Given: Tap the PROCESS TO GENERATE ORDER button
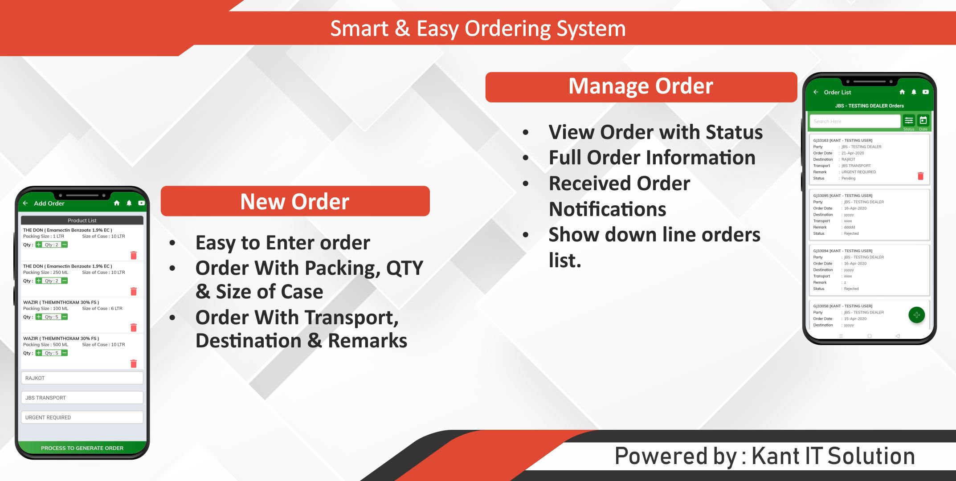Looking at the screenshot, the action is [x=82, y=448].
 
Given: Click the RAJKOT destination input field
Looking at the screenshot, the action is [x=82, y=378].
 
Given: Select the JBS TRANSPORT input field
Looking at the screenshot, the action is [x=82, y=397].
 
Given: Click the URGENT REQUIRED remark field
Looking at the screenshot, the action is [x=82, y=417].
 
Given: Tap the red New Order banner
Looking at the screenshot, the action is [x=295, y=201].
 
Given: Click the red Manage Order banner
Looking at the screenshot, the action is [x=641, y=87].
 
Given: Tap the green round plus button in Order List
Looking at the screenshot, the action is [x=916, y=315].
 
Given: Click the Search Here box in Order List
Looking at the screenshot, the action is [x=855, y=121].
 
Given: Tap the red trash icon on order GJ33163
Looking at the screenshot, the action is [x=920, y=176].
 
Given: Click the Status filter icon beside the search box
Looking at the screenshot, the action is [x=909, y=120].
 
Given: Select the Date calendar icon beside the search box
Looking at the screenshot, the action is [x=923, y=120].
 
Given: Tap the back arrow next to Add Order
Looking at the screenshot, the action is [x=25, y=203].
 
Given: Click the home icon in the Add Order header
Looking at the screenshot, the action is [x=117, y=203].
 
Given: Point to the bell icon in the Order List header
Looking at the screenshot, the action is [x=914, y=92].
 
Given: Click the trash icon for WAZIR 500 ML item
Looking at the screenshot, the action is [x=133, y=363].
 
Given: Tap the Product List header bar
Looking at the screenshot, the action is [x=82, y=220].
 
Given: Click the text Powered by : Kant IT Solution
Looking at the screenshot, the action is [x=764, y=456].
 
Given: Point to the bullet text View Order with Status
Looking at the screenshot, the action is [x=655, y=132].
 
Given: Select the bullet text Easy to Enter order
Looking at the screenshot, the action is [x=282, y=243].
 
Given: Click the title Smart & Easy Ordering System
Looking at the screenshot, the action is [x=478, y=29].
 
